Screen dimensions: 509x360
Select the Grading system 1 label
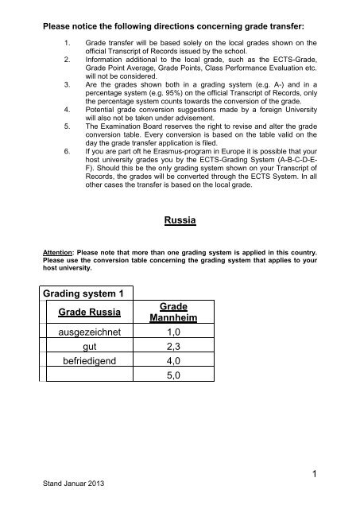point(86,297)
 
